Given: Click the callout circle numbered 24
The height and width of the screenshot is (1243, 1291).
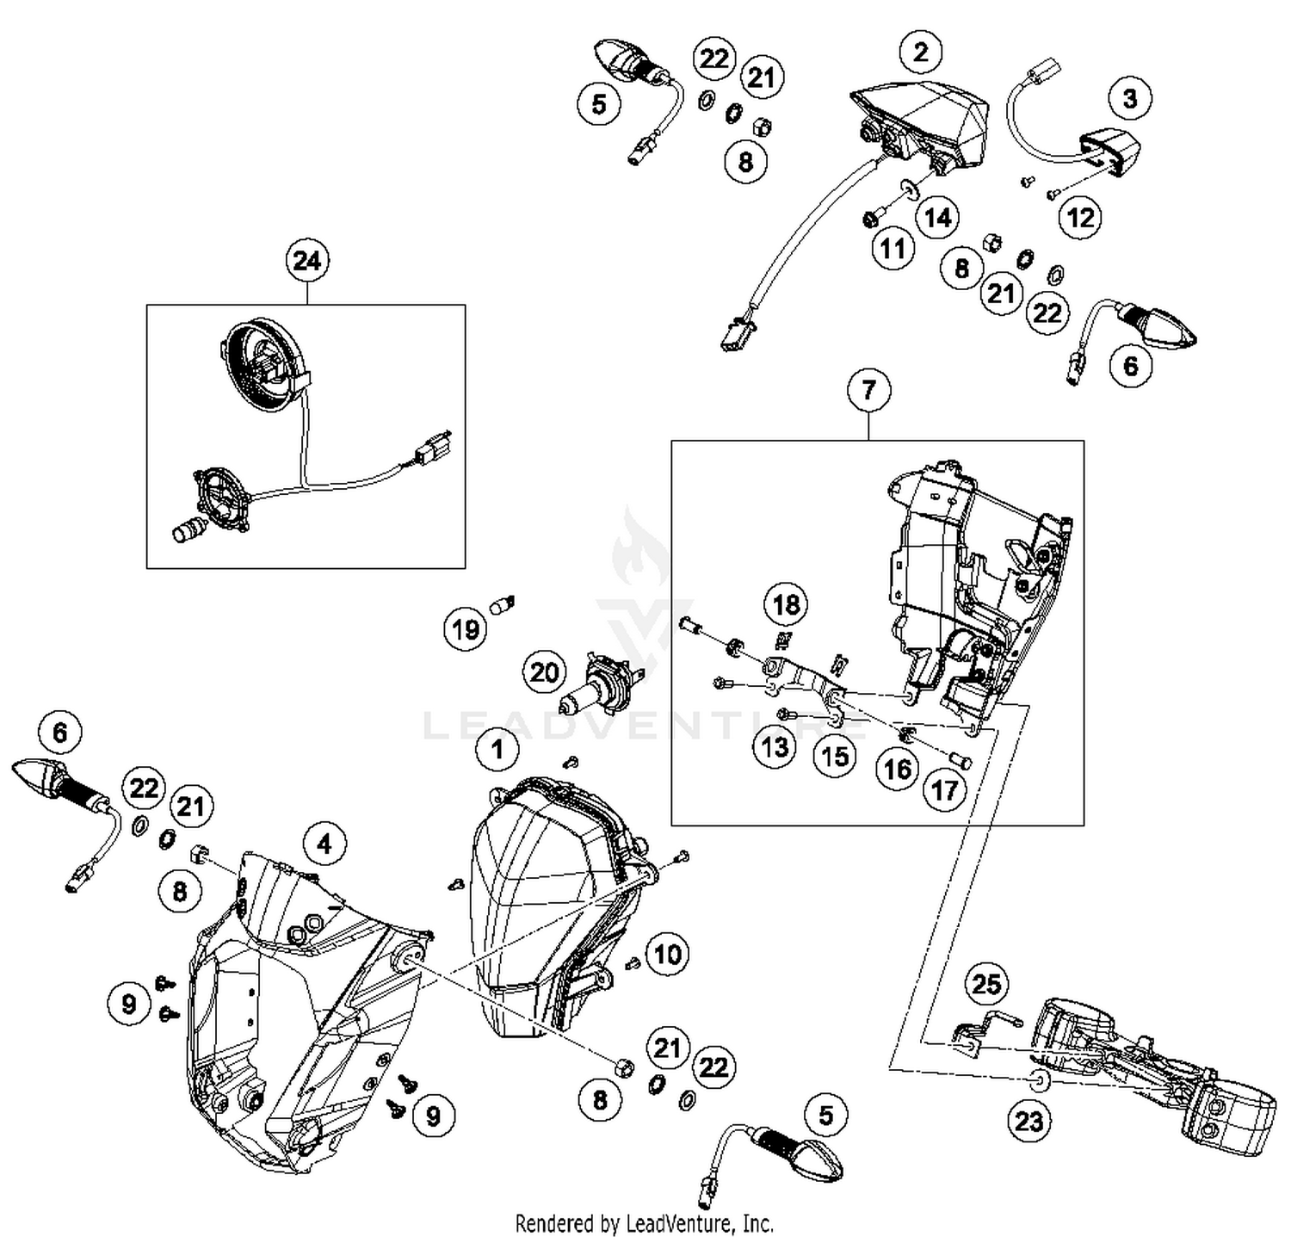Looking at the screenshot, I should tap(307, 261).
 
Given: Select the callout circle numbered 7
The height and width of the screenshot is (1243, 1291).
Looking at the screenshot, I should tap(868, 390).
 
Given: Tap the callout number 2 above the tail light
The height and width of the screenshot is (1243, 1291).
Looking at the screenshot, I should tap(921, 53).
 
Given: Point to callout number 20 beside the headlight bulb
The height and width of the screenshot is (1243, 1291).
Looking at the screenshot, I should tap(544, 671).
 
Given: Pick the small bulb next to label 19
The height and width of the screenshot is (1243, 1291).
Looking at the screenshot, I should tap(502, 604).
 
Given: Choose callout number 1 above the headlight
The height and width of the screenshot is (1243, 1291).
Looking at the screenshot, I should tap(497, 750).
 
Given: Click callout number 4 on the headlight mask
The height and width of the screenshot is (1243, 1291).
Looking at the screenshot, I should tap(324, 844).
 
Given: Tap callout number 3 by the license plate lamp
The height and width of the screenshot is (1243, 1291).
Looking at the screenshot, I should tap(1130, 98).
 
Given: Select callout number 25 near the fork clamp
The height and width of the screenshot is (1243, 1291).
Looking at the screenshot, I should tap(986, 983).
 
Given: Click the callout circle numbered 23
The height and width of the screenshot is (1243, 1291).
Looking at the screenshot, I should tap(1028, 1121).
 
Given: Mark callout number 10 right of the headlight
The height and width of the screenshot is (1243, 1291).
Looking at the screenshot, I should tap(668, 954).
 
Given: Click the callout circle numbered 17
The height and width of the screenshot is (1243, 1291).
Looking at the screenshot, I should tap(945, 789).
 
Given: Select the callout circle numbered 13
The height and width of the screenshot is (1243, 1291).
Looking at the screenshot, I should tap(775, 746).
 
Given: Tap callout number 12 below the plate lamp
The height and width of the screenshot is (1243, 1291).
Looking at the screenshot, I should tap(1080, 218).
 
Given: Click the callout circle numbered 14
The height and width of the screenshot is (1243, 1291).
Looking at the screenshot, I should tap(938, 218).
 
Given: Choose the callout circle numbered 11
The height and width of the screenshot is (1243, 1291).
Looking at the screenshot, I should tap(893, 249).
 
